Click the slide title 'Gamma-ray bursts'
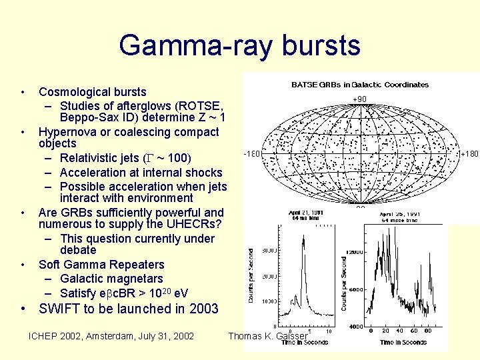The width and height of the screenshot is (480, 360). [x=239, y=45]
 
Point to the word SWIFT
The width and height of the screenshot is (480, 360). [x=60, y=309]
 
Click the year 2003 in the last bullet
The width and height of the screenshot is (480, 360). [x=203, y=309]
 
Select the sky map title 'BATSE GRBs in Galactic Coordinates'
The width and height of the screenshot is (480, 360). [x=360, y=85]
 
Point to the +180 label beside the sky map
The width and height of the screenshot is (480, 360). [x=469, y=154]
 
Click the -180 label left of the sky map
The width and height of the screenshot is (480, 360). [x=251, y=154]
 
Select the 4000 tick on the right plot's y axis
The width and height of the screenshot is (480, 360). [x=357, y=326]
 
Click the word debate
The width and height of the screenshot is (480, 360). [x=77, y=250]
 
